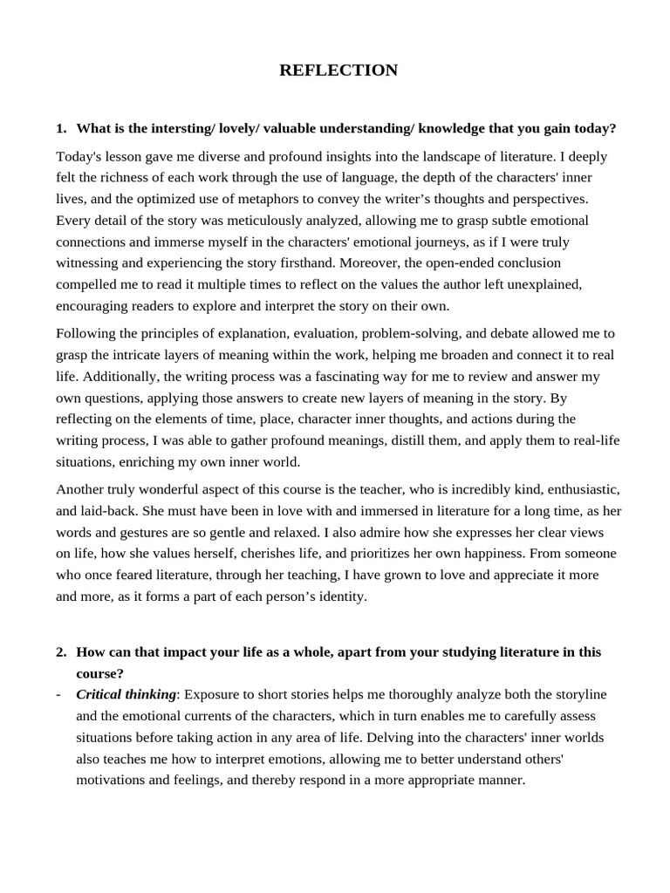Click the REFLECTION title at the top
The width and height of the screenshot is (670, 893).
click(338, 71)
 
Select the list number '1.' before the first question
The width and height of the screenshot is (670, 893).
click(61, 128)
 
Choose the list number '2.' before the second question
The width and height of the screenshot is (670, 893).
click(61, 651)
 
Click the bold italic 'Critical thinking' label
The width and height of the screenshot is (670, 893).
click(126, 694)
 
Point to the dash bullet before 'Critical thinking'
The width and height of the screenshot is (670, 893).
click(58, 694)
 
